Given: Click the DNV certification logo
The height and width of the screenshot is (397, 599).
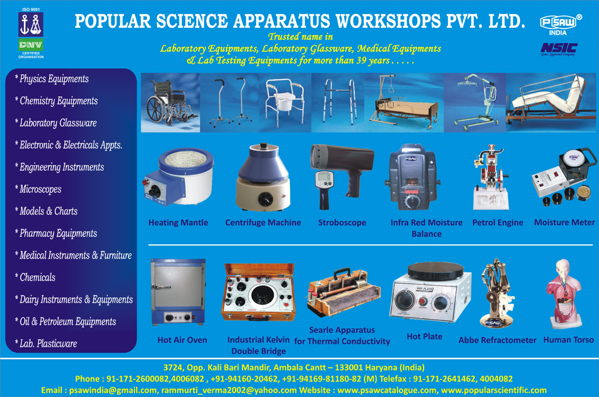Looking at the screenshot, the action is coord(31,33).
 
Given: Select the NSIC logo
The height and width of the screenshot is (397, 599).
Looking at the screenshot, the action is coord(559,49).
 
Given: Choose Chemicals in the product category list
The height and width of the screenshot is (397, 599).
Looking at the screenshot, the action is coord(35,277).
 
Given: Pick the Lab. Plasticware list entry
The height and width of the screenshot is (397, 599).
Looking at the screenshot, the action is coord(46,344).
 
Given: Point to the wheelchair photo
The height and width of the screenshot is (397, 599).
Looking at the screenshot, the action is coord(170,103).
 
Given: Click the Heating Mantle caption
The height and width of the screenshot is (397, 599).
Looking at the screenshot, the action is coord(178,222).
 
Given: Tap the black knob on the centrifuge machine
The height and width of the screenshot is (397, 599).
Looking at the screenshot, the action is coord(265,199).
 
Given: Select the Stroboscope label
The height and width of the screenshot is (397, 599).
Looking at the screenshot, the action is coord(342,222).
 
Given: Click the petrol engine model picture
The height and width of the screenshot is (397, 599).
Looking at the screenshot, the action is coord(491,177).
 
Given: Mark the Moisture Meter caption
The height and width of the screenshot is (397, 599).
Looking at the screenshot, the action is coord(564,222).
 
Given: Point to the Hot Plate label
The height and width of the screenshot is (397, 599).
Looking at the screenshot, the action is coord(425,336).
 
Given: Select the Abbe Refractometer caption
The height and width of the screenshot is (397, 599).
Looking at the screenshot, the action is coord(497,340).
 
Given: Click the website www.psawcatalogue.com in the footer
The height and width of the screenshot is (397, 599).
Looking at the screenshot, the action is coord(387,390).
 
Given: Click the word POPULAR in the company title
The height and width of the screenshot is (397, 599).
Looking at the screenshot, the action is coord(113,22).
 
